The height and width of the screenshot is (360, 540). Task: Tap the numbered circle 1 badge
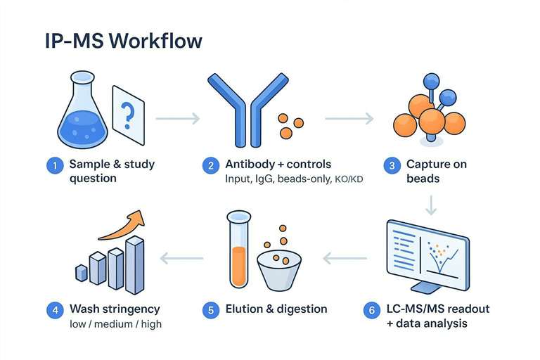click(53, 166)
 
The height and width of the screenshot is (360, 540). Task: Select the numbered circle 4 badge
click(53, 309)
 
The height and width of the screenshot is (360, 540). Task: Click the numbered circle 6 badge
click(371, 310)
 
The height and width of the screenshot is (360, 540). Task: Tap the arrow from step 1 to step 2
click(177, 119)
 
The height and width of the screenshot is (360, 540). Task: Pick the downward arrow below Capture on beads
click(431, 205)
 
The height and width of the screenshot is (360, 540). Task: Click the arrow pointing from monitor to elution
click(345, 259)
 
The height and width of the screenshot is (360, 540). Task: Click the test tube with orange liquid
click(238, 260)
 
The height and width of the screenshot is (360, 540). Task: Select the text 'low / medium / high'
click(115, 324)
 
